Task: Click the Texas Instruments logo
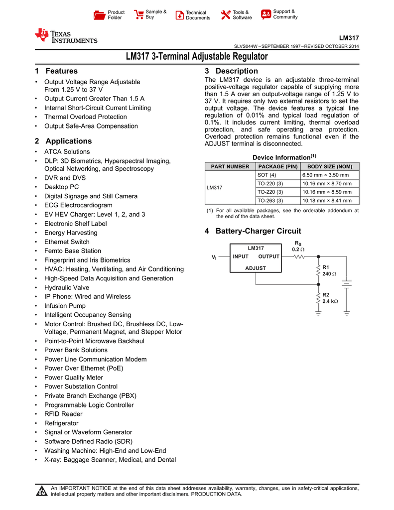(66, 36)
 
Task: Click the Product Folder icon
(100, 15)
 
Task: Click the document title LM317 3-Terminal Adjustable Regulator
(196, 57)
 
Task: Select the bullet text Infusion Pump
(65, 306)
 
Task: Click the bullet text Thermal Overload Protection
(85, 117)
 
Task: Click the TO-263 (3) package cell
(270, 201)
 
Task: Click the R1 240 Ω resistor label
(329, 271)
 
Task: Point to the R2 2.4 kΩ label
(329, 298)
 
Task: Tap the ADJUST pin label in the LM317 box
(256, 268)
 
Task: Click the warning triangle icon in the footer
(42, 492)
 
